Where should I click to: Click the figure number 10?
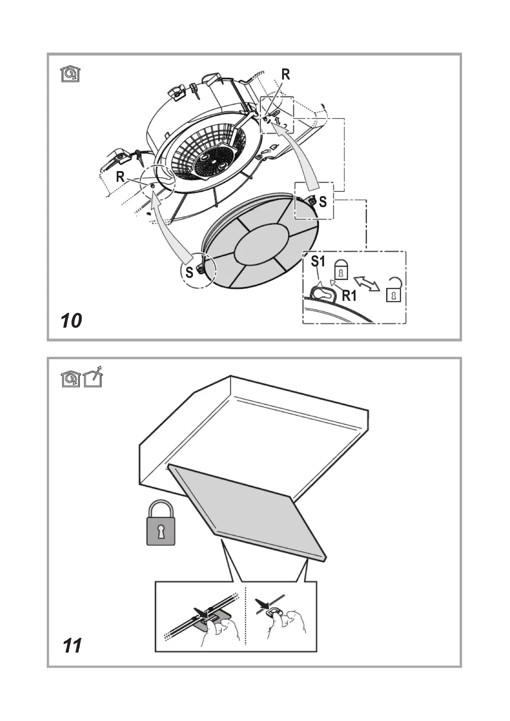(71, 321)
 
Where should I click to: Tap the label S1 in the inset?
(318, 261)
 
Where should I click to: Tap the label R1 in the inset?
(349, 296)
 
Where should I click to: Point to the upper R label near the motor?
(286, 75)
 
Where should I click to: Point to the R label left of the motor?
(120, 177)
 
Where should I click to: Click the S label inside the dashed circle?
(189, 272)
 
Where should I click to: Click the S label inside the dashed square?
(323, 202)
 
